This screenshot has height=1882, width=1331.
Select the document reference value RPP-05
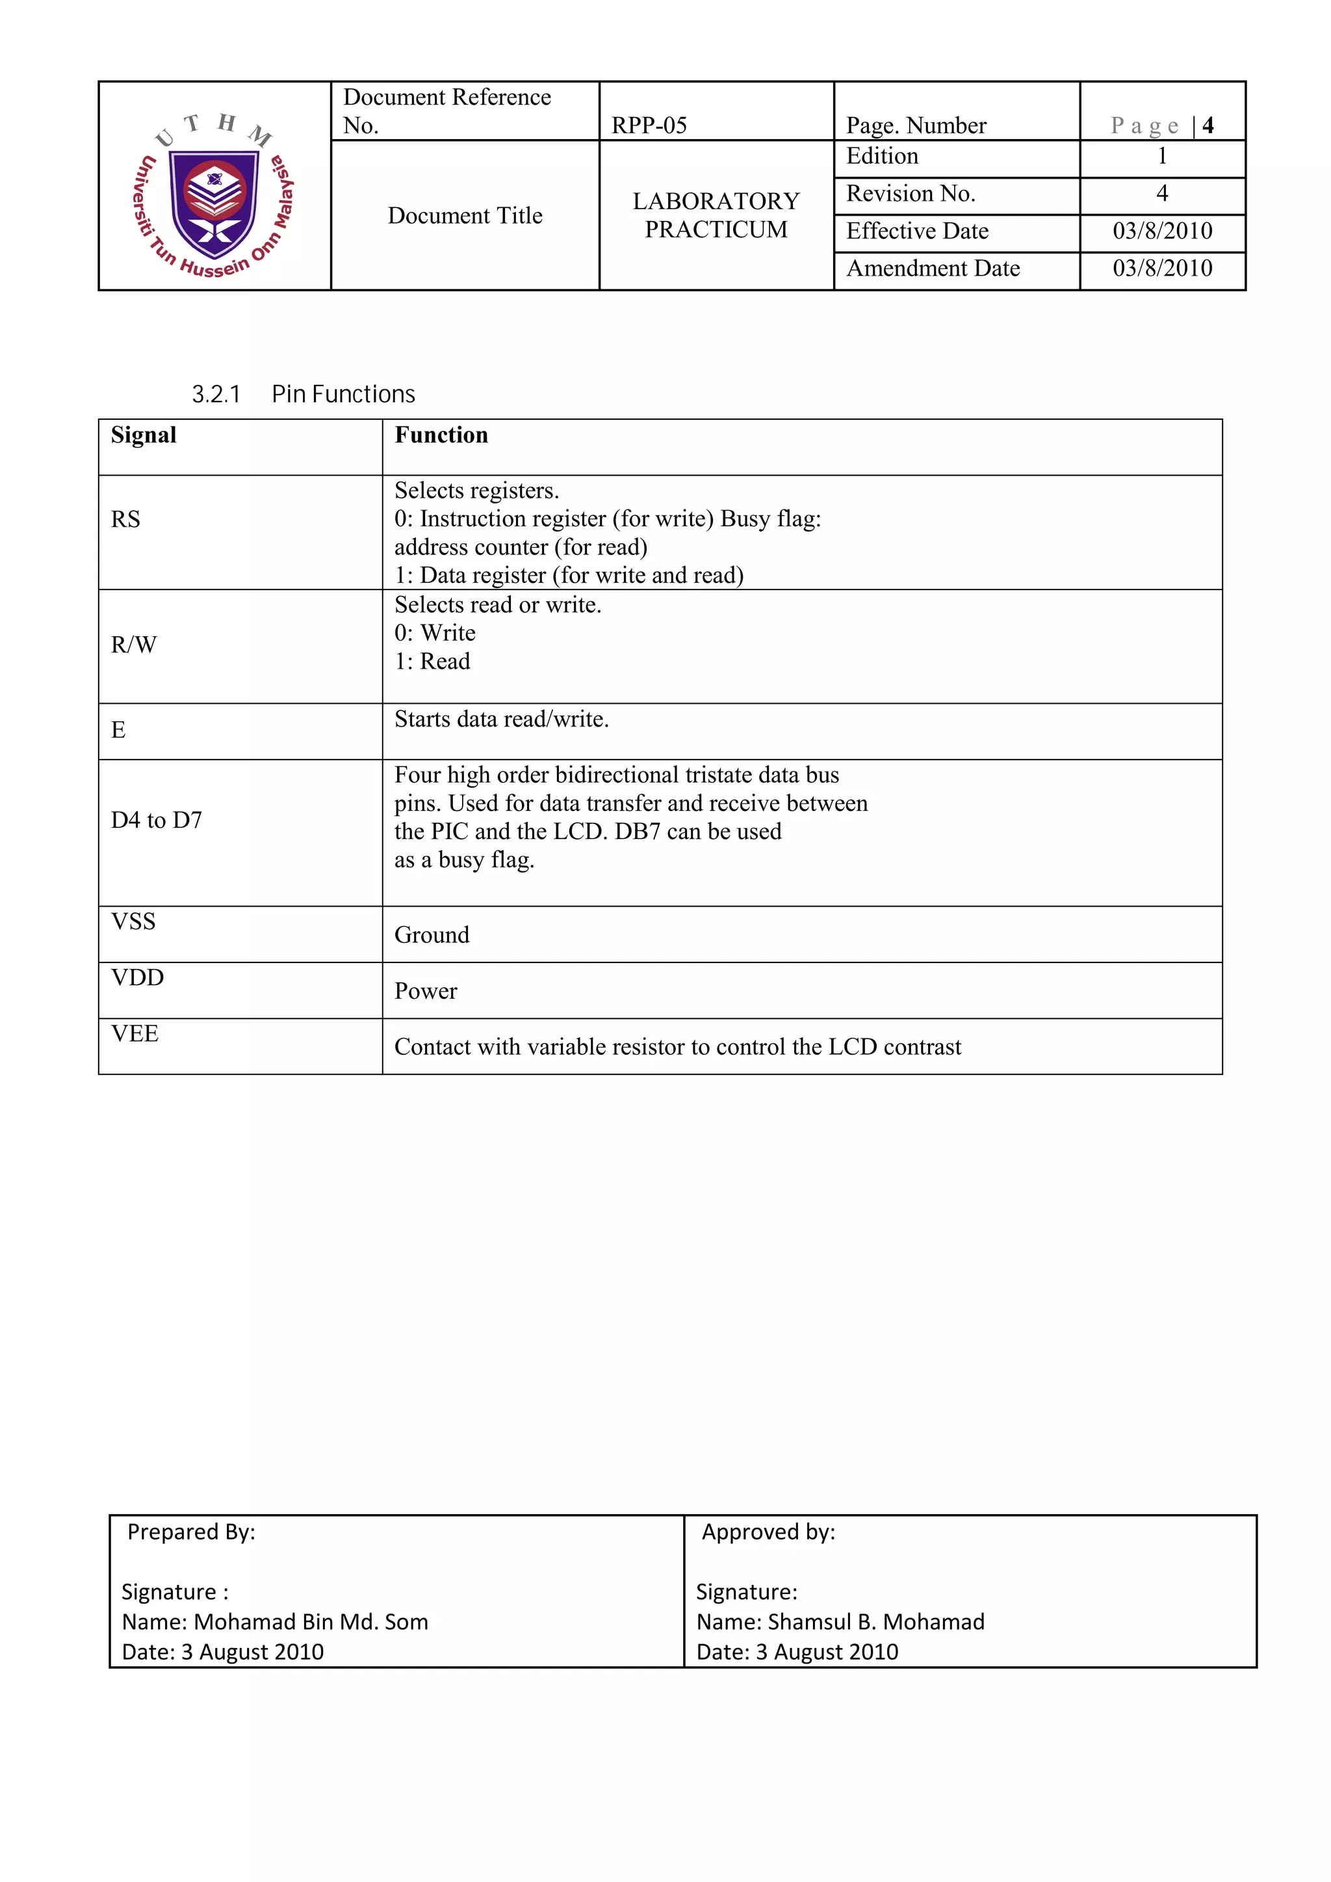pos(649,125)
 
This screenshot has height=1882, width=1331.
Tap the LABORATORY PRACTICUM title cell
pos(716,214)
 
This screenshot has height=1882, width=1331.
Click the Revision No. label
pos(910,194)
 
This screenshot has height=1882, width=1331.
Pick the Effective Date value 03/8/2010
pos(1161,231)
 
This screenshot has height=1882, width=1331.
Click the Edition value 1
pos(1161,156)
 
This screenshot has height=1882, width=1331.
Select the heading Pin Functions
pos(342,394)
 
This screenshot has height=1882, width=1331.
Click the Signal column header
pos(144,435)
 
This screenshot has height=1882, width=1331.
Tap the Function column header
pos(441,435)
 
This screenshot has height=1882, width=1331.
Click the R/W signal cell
pos(134,645)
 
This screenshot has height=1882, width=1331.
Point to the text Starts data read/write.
pos(501,719)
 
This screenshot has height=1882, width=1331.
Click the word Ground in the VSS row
pos(432,935)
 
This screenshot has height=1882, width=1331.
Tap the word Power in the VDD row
pos(426,992)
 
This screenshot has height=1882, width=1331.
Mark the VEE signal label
pos(135,1034)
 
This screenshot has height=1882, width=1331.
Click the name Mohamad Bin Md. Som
pos(311,1621)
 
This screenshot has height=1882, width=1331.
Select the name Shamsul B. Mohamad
pos(876,1621)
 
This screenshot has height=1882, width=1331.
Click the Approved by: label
pos(768,1532)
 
